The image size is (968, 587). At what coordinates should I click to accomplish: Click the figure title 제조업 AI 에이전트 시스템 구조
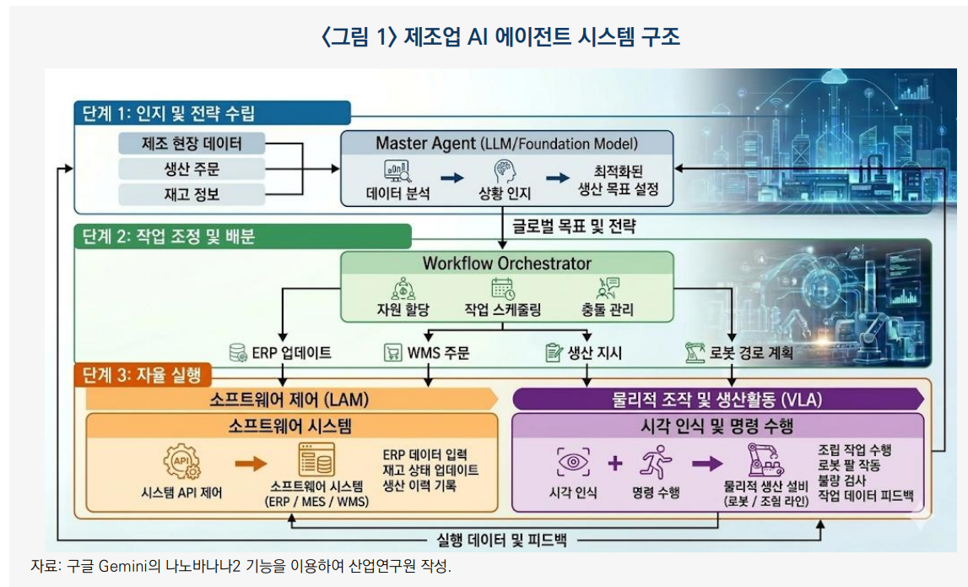pyautogui.click(x=542, y=36)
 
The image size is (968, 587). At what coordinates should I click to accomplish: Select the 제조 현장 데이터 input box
pyautogui.click(x=192, y=144)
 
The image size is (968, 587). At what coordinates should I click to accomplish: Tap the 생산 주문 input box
pyautogui.click(x=192, y=169)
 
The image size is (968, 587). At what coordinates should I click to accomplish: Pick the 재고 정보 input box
pyautogui.click(x=192, y=194)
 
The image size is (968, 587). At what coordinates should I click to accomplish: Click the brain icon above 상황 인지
pyautogui.click(x=505, y=171)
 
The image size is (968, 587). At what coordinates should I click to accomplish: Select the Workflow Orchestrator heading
pyautogui.click(x=507, y=264)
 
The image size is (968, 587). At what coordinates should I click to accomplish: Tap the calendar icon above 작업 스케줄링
pyautogui.click(x=503, y=289)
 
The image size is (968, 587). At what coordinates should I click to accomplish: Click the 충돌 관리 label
pyautogui.click(x=608, y=310)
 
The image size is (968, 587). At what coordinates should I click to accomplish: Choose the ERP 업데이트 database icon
pyautogui.click(x=238, y=353)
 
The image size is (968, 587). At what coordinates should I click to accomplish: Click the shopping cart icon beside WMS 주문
pyautogui.click(x=392, y=353)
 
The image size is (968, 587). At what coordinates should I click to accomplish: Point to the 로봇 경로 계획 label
pyautogui.click(x=751, y=353)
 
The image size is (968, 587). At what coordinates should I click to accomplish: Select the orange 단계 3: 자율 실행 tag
pyautogui.click(x=143, y=374)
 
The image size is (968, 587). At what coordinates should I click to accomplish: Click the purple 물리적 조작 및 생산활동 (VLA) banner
pyautogui.click(x=717, y=399)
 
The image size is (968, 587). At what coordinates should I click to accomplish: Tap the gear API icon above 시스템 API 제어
pyautogui.click(x=182, y=461)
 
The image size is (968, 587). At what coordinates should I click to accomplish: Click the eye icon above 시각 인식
pyautogui.click(x=573, y=462)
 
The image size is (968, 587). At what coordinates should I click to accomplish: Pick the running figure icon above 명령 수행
pyautogui.click(x=656, y=463)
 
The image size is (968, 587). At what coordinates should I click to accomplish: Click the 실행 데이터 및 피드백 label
pyautogui.click(x=501, y=540)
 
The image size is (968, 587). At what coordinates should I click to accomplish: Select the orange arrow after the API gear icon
pyautogui.click(x=251, y=464)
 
